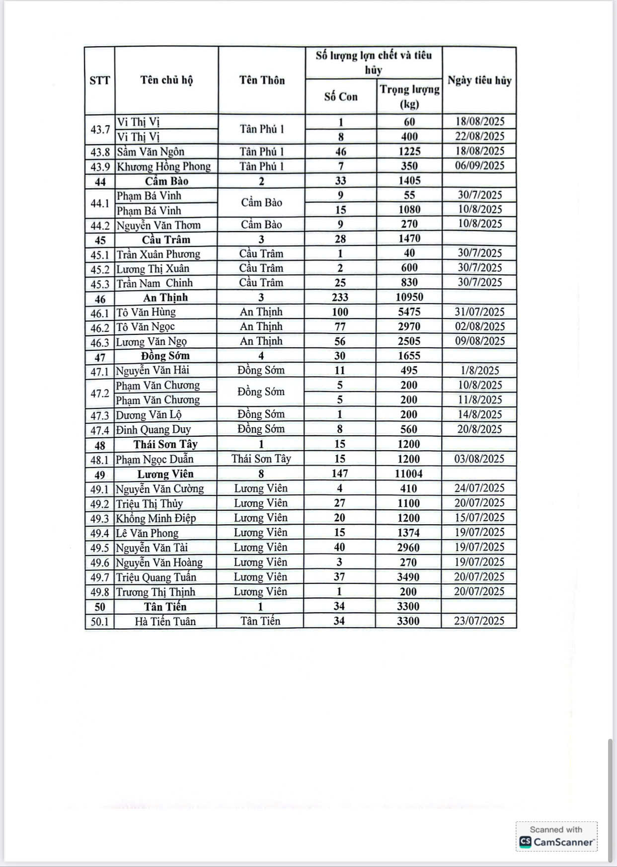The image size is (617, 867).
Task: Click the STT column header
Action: tap(99, 80)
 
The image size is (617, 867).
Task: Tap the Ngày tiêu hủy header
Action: tap(479, 80)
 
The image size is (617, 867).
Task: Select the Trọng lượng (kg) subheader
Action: tap(409, 96)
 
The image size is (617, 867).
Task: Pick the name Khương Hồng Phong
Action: tap(163, 166)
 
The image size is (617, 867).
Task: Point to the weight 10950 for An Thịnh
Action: tap(409, 297)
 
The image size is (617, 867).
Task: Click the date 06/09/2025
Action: tap(479, 166)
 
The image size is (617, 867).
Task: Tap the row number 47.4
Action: tap(99, 430)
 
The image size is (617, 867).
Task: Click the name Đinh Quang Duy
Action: tap(153, 429)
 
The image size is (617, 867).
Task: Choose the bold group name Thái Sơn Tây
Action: tap(165, 444)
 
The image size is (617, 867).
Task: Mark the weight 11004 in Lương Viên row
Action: tap(408, 473)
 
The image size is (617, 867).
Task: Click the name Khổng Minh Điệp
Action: tap(155, 518)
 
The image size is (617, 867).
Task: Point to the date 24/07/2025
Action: tap(479, 488)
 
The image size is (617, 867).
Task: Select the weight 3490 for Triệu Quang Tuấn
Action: tap(408, 577)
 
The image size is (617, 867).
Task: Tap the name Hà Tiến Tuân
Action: tap(165, 621)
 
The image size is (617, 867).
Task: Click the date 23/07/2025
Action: tap(479, 621)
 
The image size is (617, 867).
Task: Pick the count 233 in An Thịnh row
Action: tap(340, 297)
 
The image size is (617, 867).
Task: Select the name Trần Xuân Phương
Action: tap(158, 254)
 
